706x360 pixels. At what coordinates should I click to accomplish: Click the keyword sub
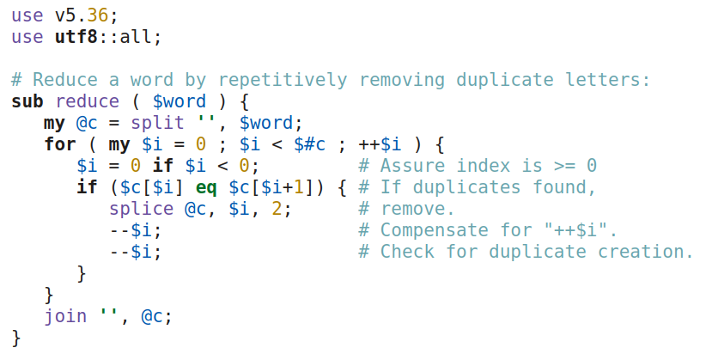point(27,101)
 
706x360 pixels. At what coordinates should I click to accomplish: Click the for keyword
point(59,144)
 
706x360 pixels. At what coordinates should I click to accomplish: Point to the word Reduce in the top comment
point(64,80)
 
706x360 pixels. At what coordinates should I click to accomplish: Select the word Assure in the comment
point(410,166)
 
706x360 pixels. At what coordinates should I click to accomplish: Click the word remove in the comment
point(415,209)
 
